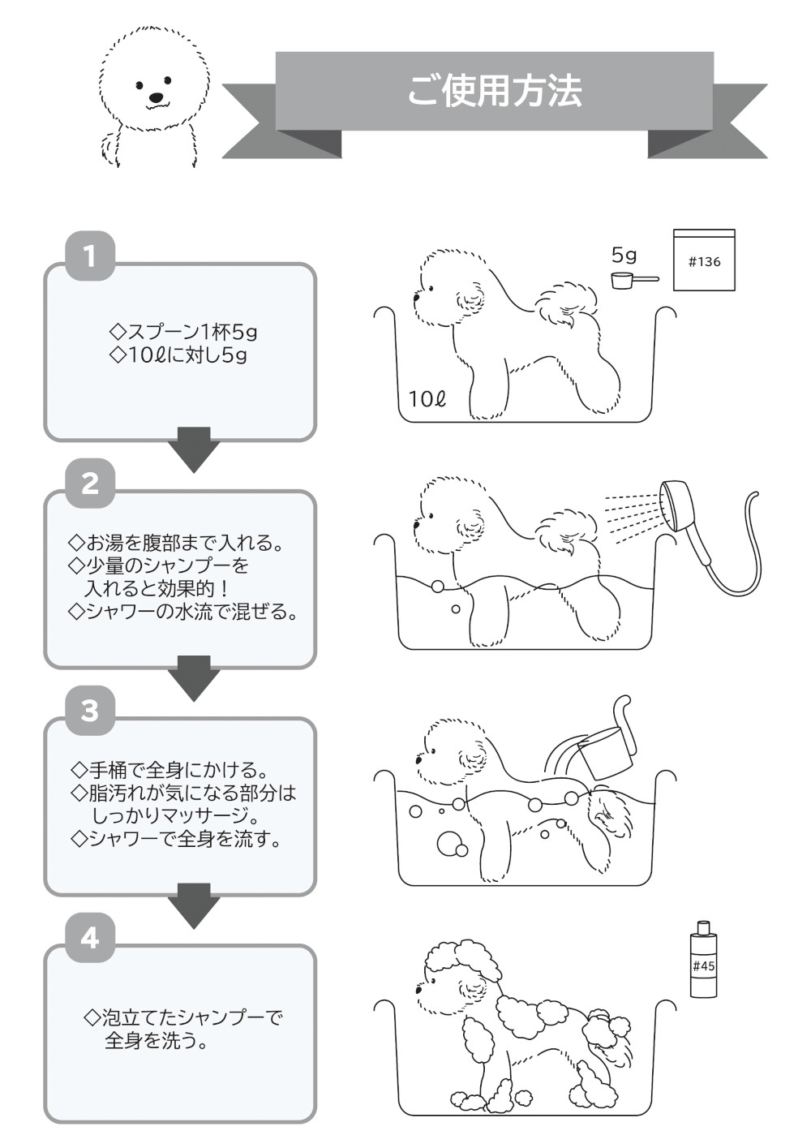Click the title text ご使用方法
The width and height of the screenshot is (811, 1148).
pyautogui.click(x=494, y=91)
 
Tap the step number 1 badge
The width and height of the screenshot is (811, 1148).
pyautogui.click(x=89, y=257)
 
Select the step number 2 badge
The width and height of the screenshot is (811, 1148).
pyautogui.click(x=89, y=484)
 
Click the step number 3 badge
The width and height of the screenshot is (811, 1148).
pyautogui.click(x=89, y=712)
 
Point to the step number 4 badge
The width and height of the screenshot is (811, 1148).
pyautogui.click(x=89, y=939)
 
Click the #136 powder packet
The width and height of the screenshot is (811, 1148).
pyautogui.click(x=704, y=260)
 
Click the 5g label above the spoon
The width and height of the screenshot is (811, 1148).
pyautogui.click(x=624, y=256)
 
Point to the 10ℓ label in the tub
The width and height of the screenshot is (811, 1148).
pyautogui.click(x=427, y=399)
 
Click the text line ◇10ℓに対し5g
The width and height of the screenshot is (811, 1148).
pyautogui.click(x=178, y=355)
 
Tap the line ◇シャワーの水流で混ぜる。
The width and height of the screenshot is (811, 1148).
pyautogui.click(x=182, y=612)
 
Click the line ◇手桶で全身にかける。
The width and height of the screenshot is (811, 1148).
pyautogui.click(x=170, y=769)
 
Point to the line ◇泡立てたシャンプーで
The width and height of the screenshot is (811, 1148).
pyautogui.click(x=183, y=1017)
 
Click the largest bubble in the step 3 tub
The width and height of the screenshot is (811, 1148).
pyautogui.click(x=448, y=844)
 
